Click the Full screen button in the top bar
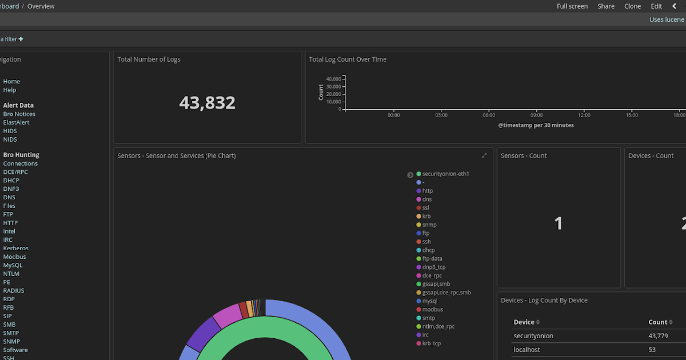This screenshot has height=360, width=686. pos(572,6)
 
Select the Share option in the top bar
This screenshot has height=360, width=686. pos(606,6)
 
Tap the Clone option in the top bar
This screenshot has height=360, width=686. pos(632,6)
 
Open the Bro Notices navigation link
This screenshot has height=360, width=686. pos(19,114)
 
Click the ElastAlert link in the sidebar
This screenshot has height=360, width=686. pos(16,122)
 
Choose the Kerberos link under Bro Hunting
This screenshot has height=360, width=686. pos(15,248)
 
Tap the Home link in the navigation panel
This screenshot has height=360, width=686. pos(11,81)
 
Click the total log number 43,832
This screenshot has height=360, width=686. pos(207,103)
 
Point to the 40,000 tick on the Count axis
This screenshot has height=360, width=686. pos(333,79)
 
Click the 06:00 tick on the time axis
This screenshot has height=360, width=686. pos(488,115)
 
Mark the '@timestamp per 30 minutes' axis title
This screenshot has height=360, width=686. pos(536,125)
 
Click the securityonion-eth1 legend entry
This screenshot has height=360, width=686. pos(446,174)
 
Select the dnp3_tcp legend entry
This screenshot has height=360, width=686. pos(433,267)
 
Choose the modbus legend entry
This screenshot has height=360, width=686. pos(432,309)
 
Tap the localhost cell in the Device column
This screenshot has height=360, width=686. pos(527,350)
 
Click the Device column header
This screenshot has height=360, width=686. pos(524,322)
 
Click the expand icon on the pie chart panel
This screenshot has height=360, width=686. pos(484,155)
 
